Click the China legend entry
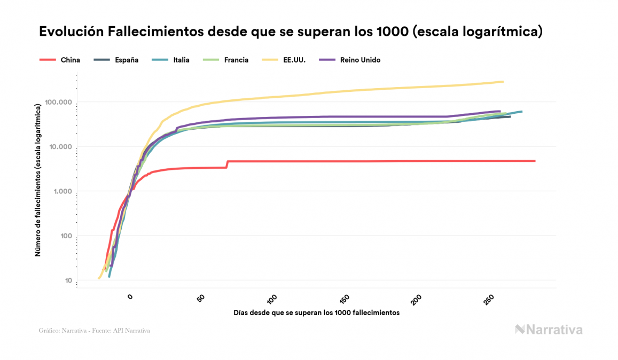[70, 60]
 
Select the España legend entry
[126, 60]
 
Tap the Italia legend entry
[181, 60]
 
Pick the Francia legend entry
[237, 60]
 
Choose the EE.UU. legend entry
[294, 60]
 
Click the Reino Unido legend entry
[360, 60]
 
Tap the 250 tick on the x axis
[489, 299]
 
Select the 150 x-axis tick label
[346, 299]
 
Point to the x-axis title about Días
[316, 312]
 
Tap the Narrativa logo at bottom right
[549, 330]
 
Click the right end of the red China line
[534, 161]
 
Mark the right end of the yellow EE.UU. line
[503, 82]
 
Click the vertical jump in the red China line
[227, 164]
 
